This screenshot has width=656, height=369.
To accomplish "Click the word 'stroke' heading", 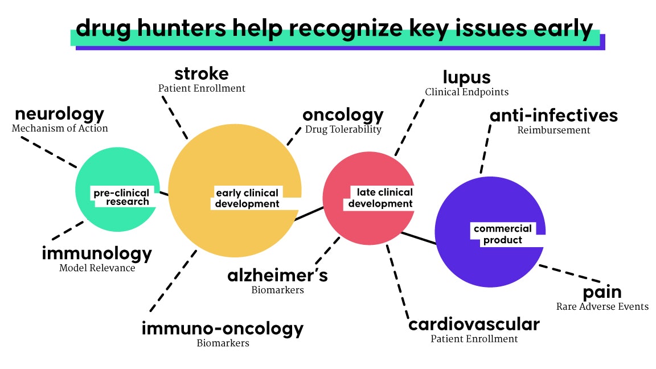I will coord(202,74).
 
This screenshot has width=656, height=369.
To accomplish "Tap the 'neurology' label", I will coord(60,114).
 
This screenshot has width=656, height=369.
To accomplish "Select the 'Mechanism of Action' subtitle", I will coord(60,128).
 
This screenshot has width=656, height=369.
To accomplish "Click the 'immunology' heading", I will coord(97,253).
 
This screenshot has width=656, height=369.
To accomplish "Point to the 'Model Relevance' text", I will coord(97,268).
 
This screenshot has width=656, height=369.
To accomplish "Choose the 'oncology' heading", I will coord(343,116).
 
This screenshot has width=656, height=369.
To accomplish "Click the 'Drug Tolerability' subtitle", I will coord(343,129).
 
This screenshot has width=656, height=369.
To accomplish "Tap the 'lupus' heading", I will coord(466,77).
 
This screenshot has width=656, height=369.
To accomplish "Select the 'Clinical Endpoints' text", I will coord(466,92).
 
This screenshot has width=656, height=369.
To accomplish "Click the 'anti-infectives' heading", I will coord(553,116).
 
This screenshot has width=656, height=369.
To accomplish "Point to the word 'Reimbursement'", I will coord(553,130).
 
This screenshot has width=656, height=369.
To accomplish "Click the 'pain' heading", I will coord(602,293).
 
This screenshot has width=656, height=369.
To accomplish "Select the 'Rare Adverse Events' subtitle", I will coord(602,306).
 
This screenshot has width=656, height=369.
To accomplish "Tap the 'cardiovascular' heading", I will coord(474,325).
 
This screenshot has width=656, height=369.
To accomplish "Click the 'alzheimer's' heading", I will coord(277,276).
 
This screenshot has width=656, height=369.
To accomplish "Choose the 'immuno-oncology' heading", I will coord(223,329).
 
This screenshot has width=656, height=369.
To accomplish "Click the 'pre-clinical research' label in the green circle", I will coord(121,197).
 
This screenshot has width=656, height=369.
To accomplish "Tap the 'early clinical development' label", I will coord(247,198).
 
